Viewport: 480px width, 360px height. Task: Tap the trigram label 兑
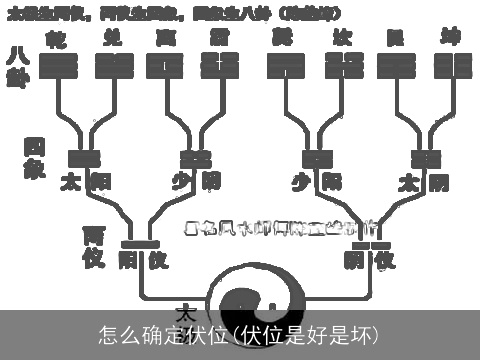point(112,38)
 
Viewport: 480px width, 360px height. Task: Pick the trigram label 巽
point(284,38)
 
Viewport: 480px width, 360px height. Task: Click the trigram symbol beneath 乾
point(59,67)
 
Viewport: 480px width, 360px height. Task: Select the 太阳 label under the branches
point(84,182)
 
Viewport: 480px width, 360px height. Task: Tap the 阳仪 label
point(141,260)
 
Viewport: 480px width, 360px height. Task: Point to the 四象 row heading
point(33,158)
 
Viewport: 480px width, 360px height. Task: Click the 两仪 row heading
point(94,247)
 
